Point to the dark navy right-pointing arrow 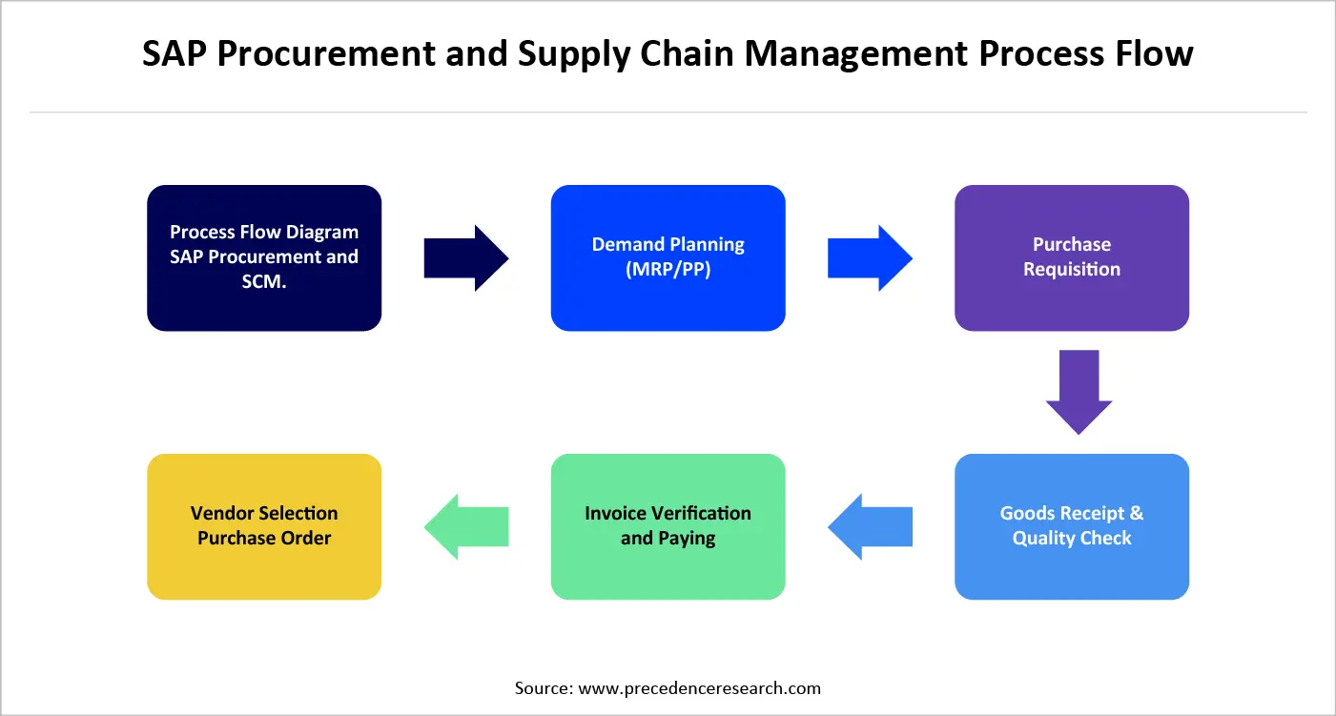pos(465,258)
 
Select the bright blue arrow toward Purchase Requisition pos(869,258)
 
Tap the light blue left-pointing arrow pos(869,526)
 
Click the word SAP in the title pos(175,54)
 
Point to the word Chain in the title pos(687,54)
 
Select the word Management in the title pos(857,54)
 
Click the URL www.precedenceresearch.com pos(699,687)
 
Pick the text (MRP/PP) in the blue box pos(668,270)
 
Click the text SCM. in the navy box pos(264,282)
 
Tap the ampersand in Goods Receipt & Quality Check pos(1135,513)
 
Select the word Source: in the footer pos(544,687)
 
